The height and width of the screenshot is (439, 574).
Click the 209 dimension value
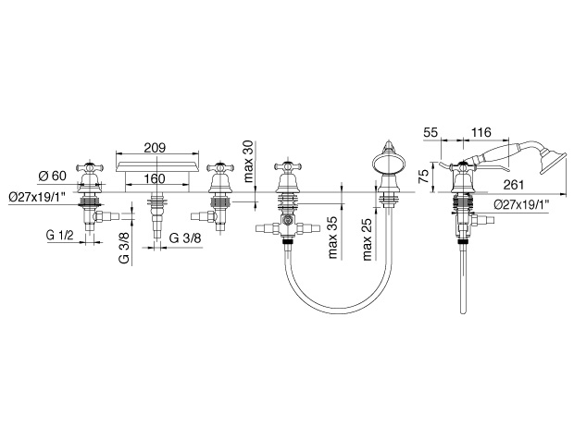(155, 148)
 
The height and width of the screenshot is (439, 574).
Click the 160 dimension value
(154, 178)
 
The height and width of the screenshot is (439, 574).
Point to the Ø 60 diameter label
(53, 176)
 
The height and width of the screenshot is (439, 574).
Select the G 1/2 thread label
(60, 235)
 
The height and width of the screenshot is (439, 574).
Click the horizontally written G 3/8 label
(185, 238)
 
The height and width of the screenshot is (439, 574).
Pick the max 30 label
(248, 161)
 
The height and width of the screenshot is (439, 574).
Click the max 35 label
(332, 238)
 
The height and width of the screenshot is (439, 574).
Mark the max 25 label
(367, 239)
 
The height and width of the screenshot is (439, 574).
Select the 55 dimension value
(430, 132)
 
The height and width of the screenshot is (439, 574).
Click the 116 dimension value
(481, 132)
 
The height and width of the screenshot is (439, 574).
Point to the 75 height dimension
(423, 177)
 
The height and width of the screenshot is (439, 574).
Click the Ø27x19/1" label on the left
(37, 198)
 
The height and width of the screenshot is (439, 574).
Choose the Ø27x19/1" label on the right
(522, 205)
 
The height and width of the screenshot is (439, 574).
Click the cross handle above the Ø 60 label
(90, 168)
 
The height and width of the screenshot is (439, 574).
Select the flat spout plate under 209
(157, 166)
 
